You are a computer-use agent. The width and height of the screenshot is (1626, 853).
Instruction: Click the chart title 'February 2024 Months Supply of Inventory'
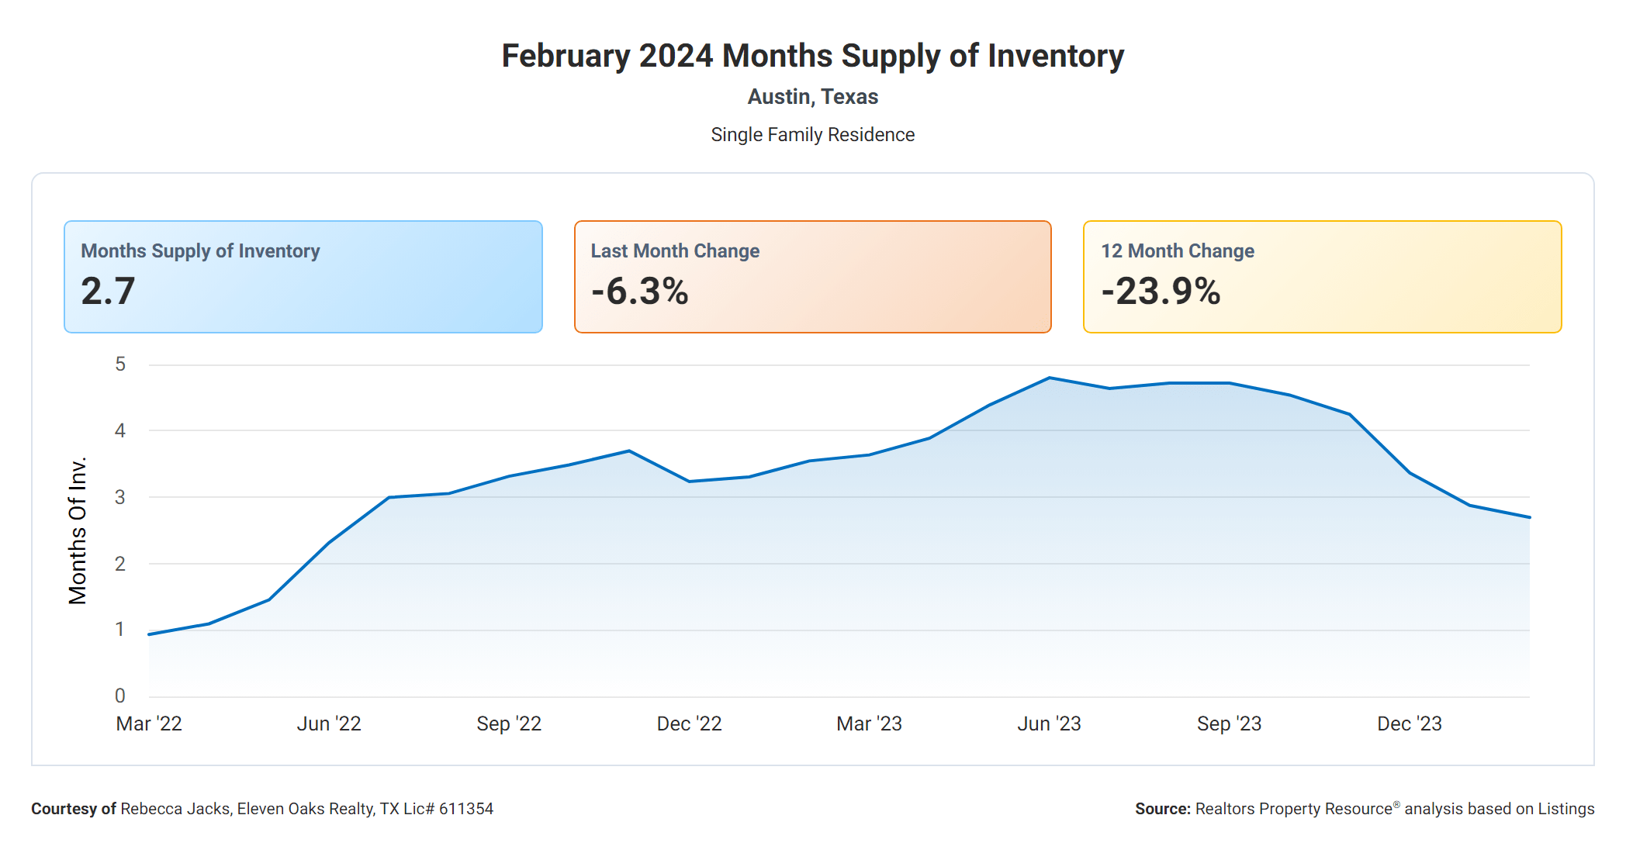click(812, 56)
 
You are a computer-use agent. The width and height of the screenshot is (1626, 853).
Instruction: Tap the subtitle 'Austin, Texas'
click(812, 97)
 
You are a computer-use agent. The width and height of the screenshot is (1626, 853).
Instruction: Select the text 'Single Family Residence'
click(812, 135)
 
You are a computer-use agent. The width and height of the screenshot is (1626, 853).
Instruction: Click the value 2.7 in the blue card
click(108, 292)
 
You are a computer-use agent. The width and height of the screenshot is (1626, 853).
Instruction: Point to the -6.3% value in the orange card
click(639, 292)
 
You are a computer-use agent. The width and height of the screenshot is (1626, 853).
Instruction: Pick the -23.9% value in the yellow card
click(1161, 292)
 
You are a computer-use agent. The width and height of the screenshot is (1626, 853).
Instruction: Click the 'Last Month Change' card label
click(675, 251)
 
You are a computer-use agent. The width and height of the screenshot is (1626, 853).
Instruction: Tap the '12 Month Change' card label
click(1177, 251)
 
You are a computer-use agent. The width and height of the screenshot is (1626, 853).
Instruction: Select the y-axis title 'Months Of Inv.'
click(78, 530)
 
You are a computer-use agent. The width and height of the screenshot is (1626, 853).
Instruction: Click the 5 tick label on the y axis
click(120, 364)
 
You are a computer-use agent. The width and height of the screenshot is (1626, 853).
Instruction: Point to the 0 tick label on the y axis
click(120, 696)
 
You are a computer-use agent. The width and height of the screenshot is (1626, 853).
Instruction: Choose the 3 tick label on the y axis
click(120, 497)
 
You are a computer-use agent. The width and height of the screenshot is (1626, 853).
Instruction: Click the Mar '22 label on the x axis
click(149, 723)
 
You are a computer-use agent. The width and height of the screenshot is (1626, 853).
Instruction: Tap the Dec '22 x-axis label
click(689, 723)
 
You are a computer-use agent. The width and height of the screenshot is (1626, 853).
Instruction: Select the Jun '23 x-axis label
click(1049, 723)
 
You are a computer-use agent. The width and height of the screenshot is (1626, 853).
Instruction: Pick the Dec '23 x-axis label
click(1409, 723)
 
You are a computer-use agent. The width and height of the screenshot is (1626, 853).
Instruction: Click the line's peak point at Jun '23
click(1049, 378)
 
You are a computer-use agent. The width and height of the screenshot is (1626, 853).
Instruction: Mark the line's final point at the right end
click(1529, 517)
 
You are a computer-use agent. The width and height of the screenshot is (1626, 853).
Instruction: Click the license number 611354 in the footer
click(466, 809)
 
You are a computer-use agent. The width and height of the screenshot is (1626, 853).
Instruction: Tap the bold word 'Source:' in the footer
click(1162, 809)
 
